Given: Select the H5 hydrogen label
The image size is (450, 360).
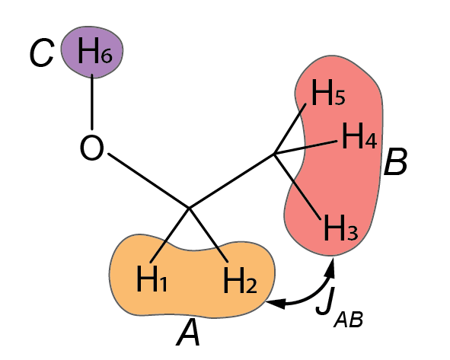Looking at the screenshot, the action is (x=328, y=93).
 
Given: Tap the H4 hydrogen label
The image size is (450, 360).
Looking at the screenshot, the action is (x=359, y=135).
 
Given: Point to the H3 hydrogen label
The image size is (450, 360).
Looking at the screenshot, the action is (x=341, y=228).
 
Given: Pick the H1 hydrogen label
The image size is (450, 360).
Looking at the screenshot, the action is (x=152, y=279).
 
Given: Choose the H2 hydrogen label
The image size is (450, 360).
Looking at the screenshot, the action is (x=240, y=280).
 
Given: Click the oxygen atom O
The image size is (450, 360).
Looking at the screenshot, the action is (x=92, y=148).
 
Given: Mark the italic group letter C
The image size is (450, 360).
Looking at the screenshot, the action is (x=42, y=53).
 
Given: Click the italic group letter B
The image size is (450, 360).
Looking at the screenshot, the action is (x=395, y=161).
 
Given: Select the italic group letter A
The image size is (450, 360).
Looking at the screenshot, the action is (x=188, y=333).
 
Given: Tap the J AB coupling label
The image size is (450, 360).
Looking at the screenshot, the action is (x=340, y=307).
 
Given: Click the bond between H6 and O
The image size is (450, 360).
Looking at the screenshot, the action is (x=92, y=102).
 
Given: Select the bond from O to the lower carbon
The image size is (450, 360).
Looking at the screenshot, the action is (x=148, y=180).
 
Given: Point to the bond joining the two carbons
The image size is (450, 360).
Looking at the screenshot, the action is (x=231, y=180).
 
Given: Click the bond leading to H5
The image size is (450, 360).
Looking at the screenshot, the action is (x=289, y=129).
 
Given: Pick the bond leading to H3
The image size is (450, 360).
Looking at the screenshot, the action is (x=297, y=187).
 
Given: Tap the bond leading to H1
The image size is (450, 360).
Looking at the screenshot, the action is (x=170, y=234).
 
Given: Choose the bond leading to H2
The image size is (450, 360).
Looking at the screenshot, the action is (x=209, y=234).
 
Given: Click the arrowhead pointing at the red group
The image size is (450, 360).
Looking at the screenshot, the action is (x=330, y=268).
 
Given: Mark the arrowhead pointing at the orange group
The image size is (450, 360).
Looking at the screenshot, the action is (x=276, y=303).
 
